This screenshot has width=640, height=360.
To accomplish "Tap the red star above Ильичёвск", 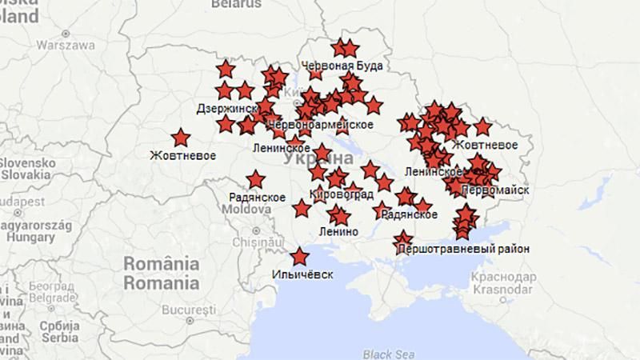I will pyautogui.click(x=300, y=258).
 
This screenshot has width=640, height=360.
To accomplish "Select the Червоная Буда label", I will pyautogui.click(x=342, y=66).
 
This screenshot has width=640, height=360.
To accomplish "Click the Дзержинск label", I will pyautogui.click(x=226, y=108).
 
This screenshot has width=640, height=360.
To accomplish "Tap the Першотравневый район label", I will pyautogui.click(x=462, y=249).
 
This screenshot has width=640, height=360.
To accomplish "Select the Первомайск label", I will pyautogui.click(x=495, y=190).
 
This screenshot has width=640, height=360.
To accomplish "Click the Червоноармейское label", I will pyautogui.click(x=321, y=125).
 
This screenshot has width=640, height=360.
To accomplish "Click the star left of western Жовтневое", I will pyautogui.click(x=181, y=138).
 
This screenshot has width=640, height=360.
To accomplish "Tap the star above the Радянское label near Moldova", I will pyautogui.click(x=256, y=179).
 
